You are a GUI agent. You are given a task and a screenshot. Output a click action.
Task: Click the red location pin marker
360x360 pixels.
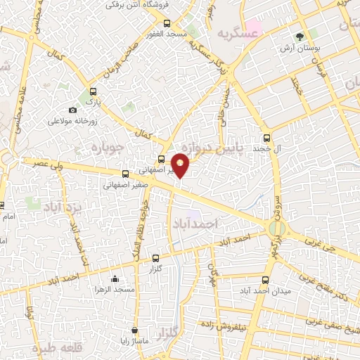pyautogui.click(x=181, y=165)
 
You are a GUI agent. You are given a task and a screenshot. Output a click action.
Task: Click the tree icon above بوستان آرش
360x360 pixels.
pyautogui.click(x=300, y=36)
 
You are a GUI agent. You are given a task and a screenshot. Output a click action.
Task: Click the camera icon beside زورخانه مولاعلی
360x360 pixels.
pyautogui.click(x=72, y=110)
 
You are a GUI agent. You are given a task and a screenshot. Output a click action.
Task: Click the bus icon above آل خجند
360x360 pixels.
pyautogui.click(x=266, y=139)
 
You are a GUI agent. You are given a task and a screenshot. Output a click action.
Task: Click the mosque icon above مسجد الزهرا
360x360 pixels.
pyautogui.click(x=115, y=278)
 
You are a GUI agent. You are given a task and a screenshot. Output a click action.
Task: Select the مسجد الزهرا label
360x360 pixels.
pyautogui.click(x=115, y=289)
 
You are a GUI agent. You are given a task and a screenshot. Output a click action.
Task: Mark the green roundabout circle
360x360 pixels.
pyautogui.click(x=278, y=229)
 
